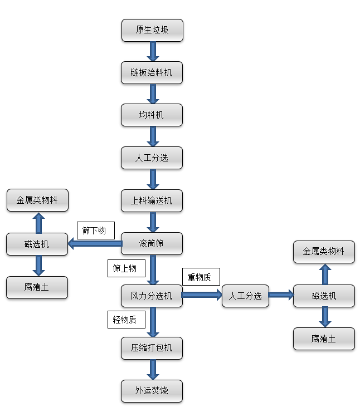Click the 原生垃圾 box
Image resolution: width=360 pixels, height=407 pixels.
click(x=152, y=30)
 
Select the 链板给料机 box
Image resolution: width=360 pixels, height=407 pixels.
click(x=152, y=72)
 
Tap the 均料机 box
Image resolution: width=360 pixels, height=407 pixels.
click(x=152, y=115)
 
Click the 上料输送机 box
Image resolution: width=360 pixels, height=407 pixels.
click(x=152, y=201)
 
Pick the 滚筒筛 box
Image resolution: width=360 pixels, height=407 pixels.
click(x=152, y=243)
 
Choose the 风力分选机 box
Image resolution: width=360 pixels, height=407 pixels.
click(x=152, y=296)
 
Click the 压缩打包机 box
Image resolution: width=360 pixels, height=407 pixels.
click(x=152, y=349)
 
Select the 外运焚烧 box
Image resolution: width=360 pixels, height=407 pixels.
click(x=152, y=391)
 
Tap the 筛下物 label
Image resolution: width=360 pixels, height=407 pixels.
click(x=95, y=230)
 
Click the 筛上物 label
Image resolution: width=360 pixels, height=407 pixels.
click(x=125, y=268)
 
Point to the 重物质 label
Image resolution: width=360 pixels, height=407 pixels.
click(x=201, y=277)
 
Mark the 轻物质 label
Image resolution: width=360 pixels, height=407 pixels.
click(x=125, y=319)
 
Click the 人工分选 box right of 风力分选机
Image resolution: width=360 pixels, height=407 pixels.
click(x=245, y=296)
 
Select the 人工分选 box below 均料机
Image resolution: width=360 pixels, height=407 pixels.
click(x=152, y=158)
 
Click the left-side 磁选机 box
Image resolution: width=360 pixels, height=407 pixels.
click(x=37, y=244)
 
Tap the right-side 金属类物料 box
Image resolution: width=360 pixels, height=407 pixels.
click(x=324, y=252)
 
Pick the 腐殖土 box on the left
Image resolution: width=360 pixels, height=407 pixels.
click(x=37, y=287)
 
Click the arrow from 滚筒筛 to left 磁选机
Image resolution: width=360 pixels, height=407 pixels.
click(x=95, y=243)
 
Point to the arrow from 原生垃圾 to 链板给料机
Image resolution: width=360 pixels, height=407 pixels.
click(x=152, y=51)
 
